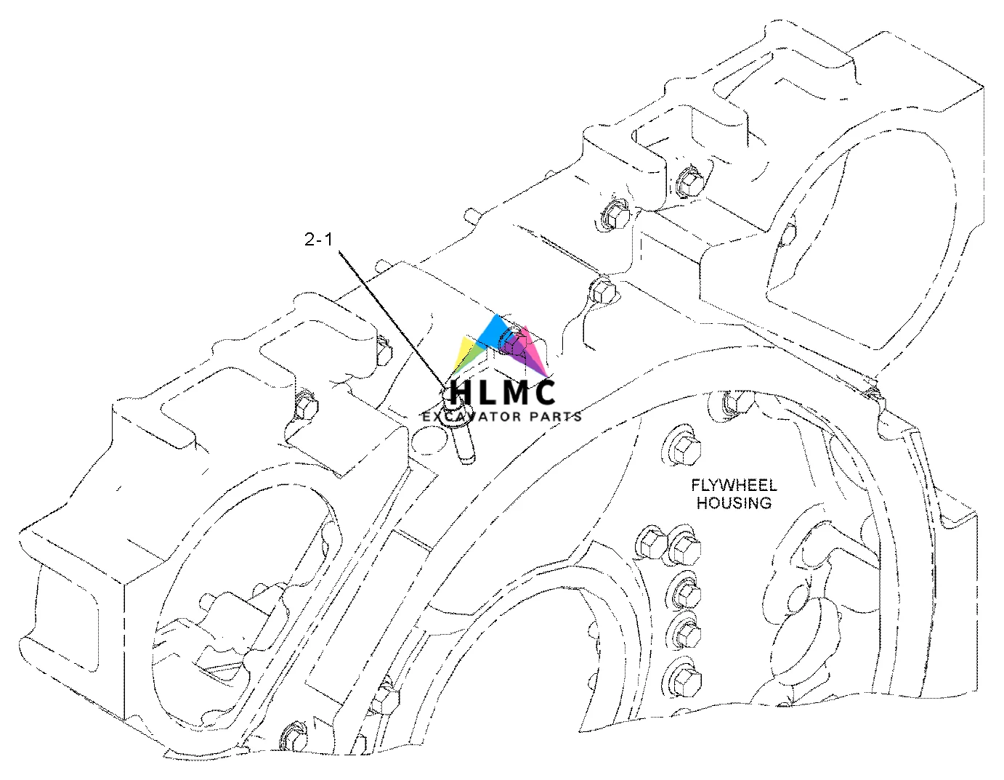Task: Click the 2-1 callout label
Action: [318, 239]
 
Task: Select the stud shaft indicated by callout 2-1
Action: [463, 442]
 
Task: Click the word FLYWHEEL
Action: [734, 485]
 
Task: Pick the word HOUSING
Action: [734, 503]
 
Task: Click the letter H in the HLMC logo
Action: [463, 392]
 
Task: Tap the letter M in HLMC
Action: [511, 392]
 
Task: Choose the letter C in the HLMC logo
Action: [543, 392]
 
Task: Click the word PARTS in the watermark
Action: [555, 417]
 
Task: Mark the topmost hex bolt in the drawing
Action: [688, 182]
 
